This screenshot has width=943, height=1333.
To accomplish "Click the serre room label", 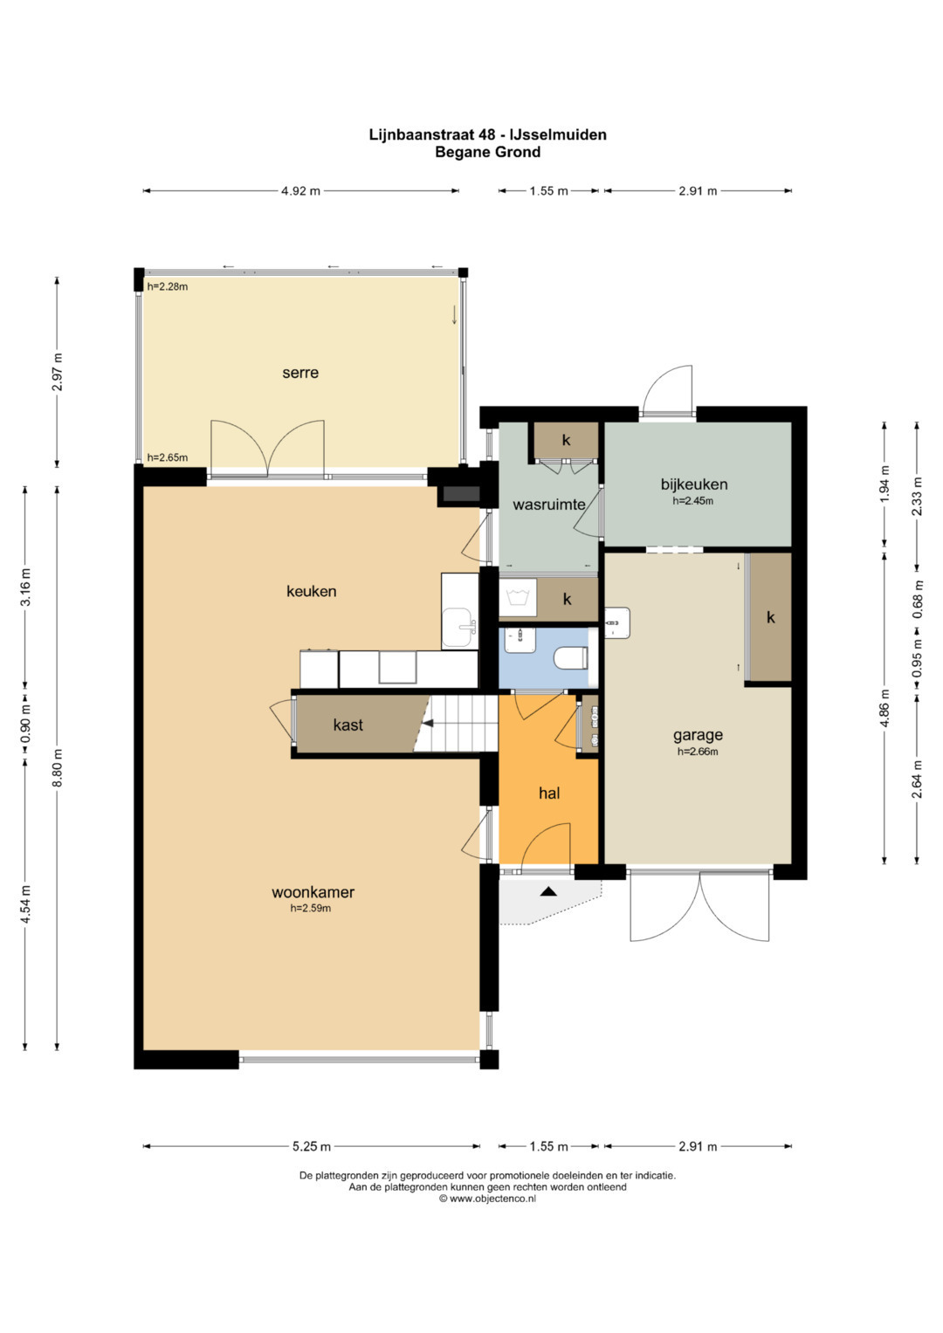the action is click(x=300, y=373).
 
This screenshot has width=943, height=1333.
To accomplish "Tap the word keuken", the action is click(x=312, y=591).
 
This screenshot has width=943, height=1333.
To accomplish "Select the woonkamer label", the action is click(x=313, y=892).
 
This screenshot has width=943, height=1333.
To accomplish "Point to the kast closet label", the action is click(x=348, y=725).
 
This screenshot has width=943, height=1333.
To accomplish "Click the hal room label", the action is click(x=549, y=793).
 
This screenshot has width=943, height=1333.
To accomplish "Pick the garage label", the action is click(x=698, y=736).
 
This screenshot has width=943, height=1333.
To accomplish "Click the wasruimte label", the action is click(x=549, y=505).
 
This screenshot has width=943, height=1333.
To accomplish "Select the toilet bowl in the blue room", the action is click(x=571, y=659).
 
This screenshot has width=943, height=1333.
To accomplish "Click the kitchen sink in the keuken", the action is click(x=459, y=628).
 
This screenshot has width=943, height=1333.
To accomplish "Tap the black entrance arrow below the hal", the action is click(x=548, y=891).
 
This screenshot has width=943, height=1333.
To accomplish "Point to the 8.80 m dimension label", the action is click(x=58, y=767).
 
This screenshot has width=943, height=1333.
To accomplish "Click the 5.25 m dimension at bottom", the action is click(x=312, y=1146).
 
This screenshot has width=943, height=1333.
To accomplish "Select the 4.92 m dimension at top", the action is click(x=300, y=191).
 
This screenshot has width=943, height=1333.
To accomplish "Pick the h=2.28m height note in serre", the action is click(x=168, y=287).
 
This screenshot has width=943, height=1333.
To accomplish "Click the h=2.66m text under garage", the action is click(x=698, y=752).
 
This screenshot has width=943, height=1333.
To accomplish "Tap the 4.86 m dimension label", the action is click(x=884, y=708).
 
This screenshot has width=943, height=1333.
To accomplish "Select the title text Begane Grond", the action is click(x=487, y=153).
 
